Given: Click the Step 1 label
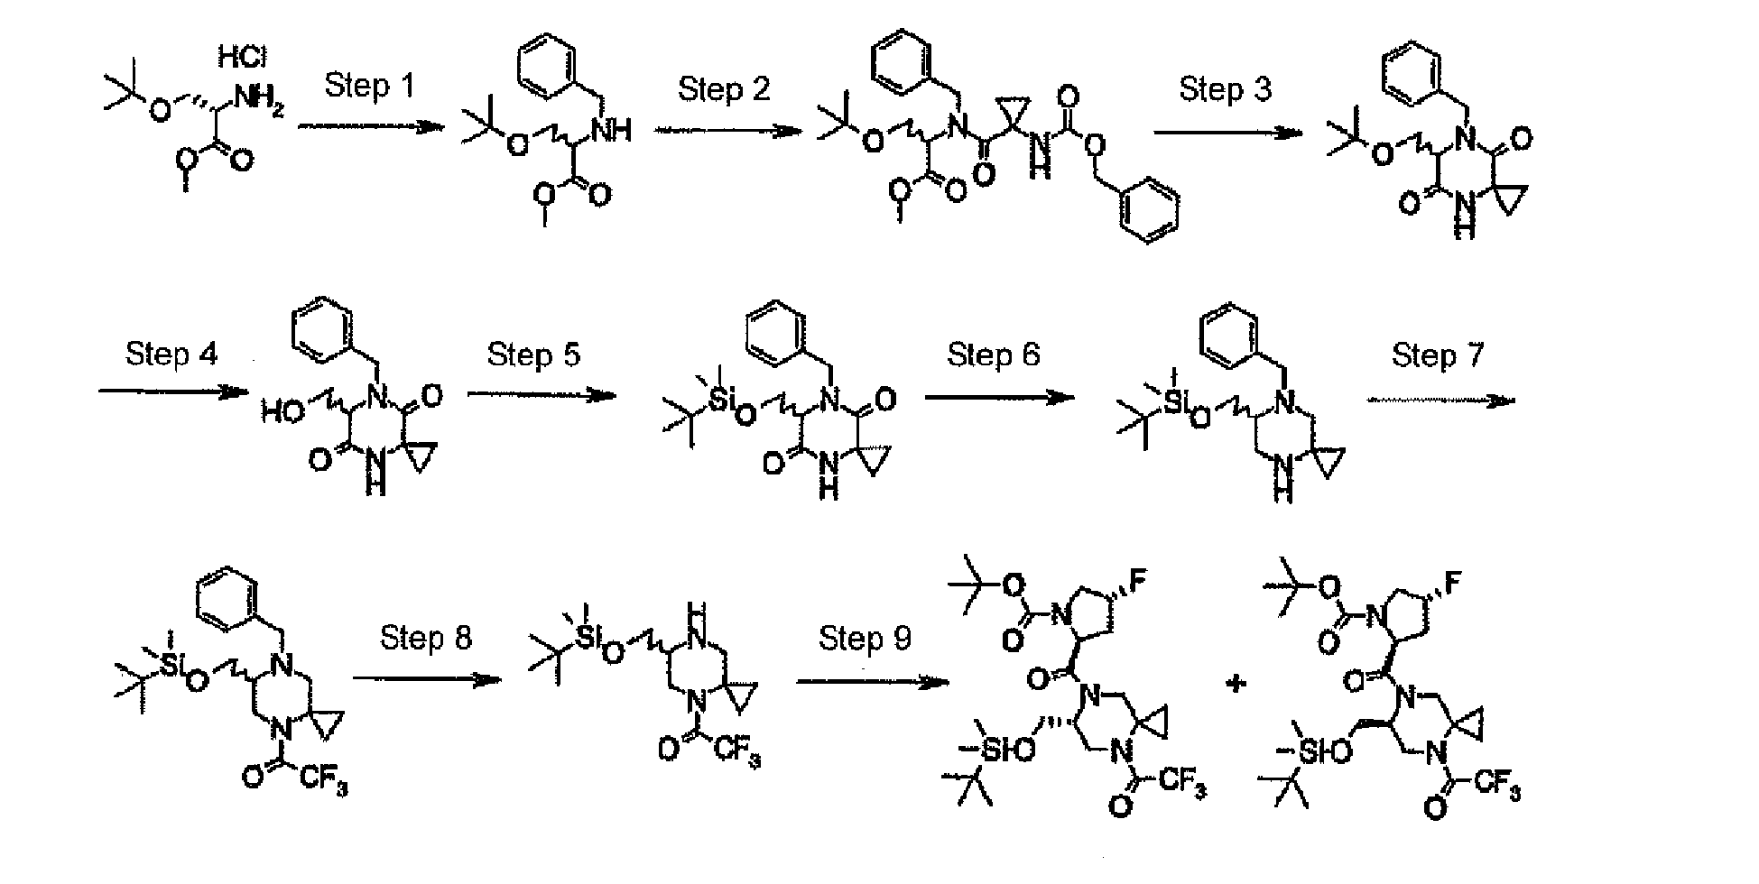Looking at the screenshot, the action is point(369,87).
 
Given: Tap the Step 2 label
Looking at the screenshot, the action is point(724,89).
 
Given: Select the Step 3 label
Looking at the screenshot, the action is point(1225,89).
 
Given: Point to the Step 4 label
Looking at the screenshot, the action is point(171,354).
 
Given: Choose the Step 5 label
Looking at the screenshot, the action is point(533,355).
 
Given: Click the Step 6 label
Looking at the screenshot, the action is point(993,355).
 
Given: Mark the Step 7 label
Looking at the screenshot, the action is point(1438,355).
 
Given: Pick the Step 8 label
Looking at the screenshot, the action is point(426,638).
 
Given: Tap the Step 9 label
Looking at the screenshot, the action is point(865,638).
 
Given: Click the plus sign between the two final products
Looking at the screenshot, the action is point(1235,683).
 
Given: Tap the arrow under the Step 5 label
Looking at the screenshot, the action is point(541,395).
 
